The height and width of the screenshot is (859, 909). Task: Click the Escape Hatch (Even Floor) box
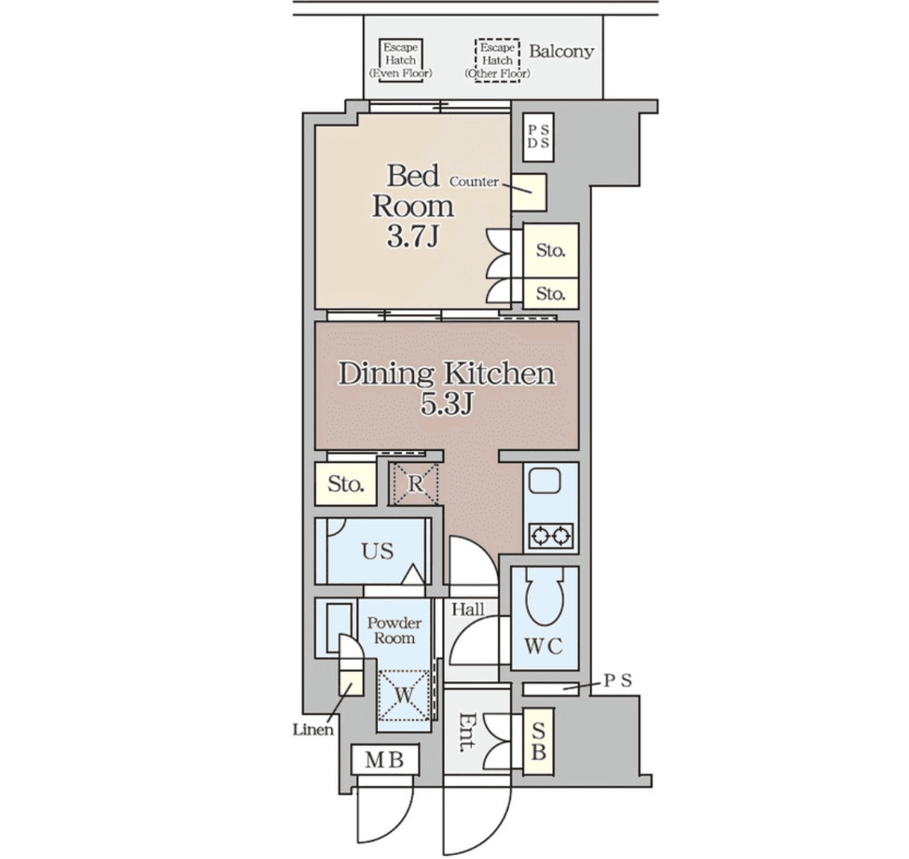[400, 60]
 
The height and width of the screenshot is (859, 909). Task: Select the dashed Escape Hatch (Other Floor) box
[497, 60]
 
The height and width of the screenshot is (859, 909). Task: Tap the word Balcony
[561, 52]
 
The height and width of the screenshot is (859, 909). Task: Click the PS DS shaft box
[539, 138]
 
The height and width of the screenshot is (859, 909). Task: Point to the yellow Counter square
[529, 192]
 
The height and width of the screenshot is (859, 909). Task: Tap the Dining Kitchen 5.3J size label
[447, 404]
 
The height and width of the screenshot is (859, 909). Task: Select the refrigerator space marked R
[415, 484]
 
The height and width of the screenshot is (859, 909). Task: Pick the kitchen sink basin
[545, 482]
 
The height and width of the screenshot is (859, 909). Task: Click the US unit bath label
[377, 551]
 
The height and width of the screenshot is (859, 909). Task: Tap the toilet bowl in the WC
[544, 597]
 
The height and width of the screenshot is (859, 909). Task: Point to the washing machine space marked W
[404, 695]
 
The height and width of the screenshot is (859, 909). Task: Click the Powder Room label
[394, 630]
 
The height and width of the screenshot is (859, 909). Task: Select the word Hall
[468, 609]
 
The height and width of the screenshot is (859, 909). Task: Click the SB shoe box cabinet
[538, 741]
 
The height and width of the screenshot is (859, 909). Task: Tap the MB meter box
[384, 760]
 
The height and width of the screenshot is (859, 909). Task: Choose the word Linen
[313, 730]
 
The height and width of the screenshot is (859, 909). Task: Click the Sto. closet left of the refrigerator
[345, 483]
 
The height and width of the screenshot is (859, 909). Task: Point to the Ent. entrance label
[467, 731]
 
